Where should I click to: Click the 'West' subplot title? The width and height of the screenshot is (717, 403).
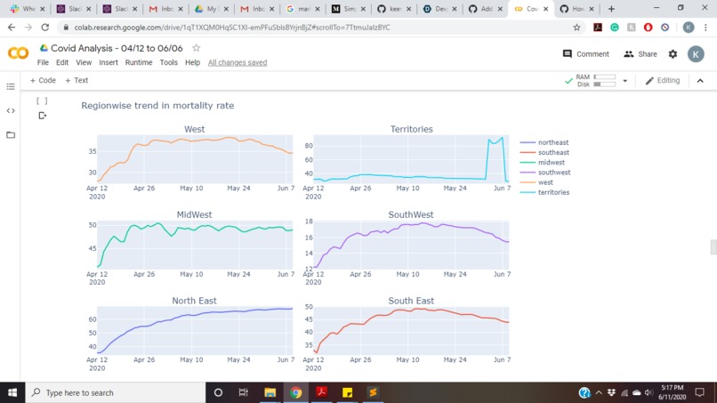click(x=194, y=129)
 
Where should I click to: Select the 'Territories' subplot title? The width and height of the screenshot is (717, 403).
click(x=411, y=129)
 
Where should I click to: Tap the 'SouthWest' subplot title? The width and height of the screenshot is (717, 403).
click(x=410, y=214)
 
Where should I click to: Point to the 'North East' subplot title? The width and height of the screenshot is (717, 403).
click(x=194, y=301)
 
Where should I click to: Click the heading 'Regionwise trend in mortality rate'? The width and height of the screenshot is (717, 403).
click(x=157, y=105)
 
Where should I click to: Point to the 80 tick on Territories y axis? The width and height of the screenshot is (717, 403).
click(x=309, y=146)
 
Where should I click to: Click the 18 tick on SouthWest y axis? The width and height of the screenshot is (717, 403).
click(x=309, y=222)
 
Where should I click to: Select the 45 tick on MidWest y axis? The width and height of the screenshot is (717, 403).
click(x=93, y=248)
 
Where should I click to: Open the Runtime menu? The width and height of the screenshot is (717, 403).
click(x=139, y=63)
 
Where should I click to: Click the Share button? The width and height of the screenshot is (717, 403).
click(x=640, y=54)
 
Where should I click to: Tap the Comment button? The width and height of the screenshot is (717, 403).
click(x=586, y=54)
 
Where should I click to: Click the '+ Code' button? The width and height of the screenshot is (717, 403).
click(x=43, y=81)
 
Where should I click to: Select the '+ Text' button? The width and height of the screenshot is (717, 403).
click(x=77, y=81)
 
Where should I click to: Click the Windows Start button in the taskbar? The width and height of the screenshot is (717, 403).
click(x=12, y=392)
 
